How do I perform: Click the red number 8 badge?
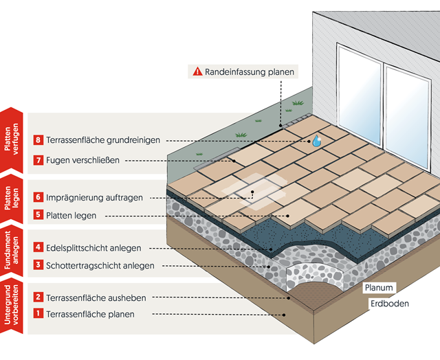[38, 139]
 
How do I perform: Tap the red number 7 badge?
[38, 161]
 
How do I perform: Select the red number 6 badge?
[38, 197]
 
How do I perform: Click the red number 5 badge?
[38, 215]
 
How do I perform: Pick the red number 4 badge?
[38, 247]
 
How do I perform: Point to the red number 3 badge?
[38, 265]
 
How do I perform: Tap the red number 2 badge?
[38, 297]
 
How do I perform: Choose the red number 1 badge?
[38, 315]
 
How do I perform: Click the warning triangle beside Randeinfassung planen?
[197, 71]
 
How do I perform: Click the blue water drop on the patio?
[316, 141]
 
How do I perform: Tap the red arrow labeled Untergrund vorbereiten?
[12, 307]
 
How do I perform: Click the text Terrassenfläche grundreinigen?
[103, 139]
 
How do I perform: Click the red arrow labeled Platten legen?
[12, 200]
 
